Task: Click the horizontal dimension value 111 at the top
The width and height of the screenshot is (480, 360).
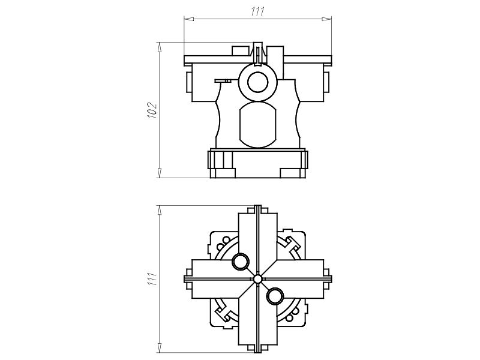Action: [257, 11]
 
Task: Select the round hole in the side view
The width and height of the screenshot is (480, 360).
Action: [257, 82]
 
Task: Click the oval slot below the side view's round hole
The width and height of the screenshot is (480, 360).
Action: [257, 124]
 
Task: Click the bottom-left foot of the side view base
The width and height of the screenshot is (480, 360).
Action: [213, 165]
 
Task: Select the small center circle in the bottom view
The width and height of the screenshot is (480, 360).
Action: [257, 279]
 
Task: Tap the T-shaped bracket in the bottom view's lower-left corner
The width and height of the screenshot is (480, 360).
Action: [223, 314]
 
